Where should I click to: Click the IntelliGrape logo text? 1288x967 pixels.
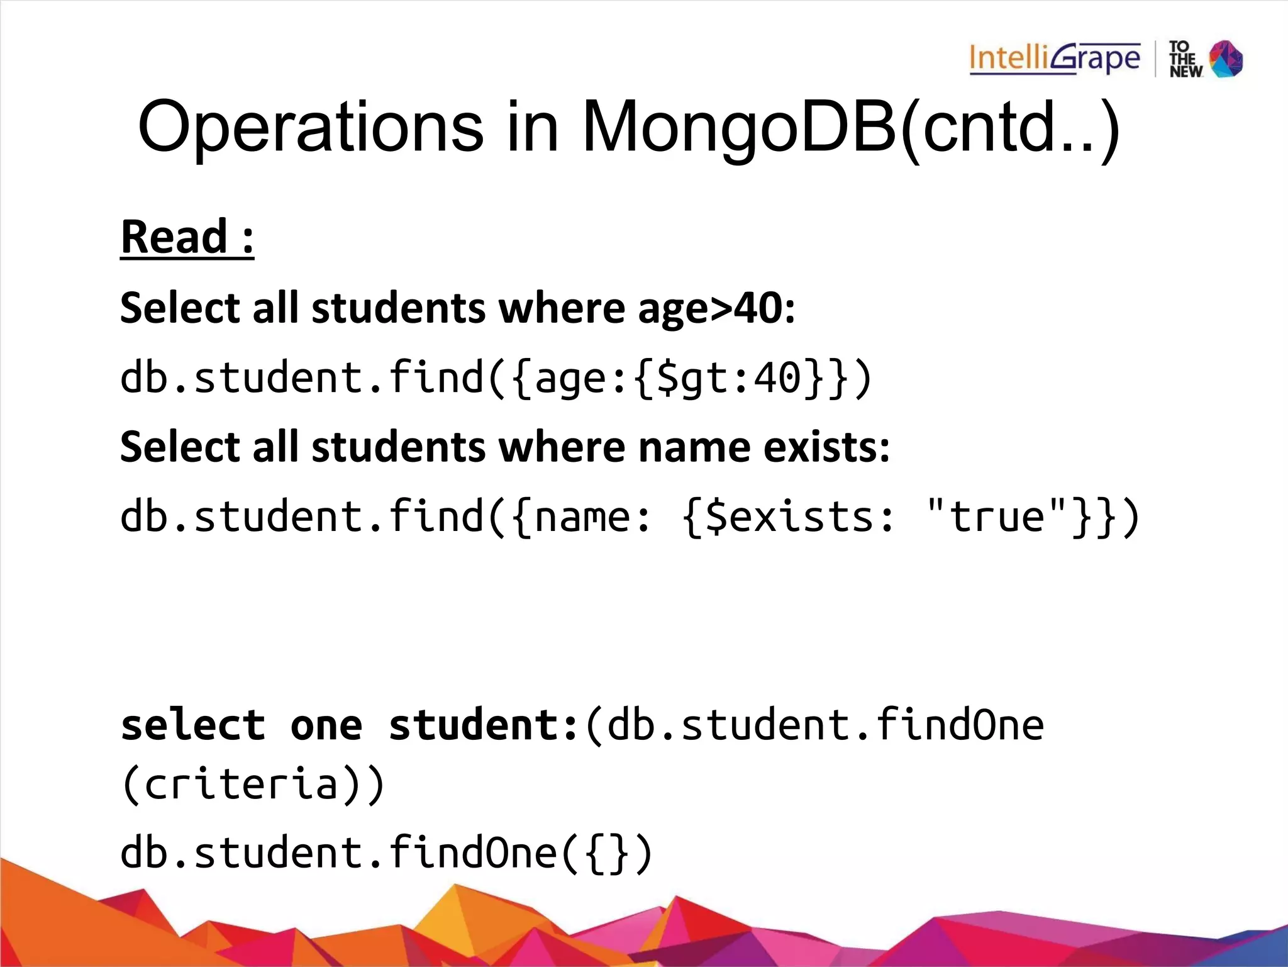coord(1054,59)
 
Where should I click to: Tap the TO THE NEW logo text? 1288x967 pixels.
coord(1185,60)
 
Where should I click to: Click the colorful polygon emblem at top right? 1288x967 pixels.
coord(1227,59)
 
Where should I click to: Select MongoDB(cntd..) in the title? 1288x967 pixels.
coord(851,128)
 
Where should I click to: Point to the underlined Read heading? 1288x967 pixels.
coord(187,237)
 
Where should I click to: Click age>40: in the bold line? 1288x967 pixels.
coord(717,309)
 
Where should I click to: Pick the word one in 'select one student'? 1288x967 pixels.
coord(326,725)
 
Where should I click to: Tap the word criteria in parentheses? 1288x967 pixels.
coord(242,785)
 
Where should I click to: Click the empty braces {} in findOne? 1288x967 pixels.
coord(607,854)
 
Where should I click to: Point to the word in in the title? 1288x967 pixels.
coord(532,128)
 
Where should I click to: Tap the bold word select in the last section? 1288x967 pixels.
coord(193,725)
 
